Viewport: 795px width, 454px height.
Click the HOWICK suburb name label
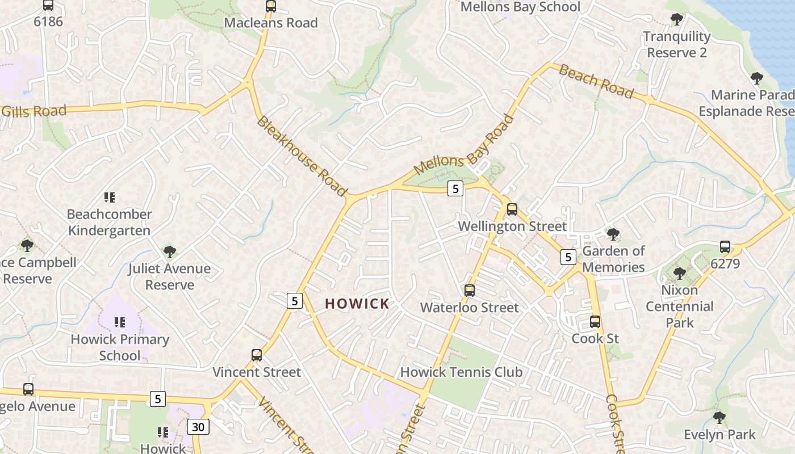tap(357, 304)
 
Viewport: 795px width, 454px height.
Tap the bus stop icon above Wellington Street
tap(512, 209)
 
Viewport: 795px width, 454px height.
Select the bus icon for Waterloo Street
tap(470, 291)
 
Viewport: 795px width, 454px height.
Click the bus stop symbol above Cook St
tap(595, 322)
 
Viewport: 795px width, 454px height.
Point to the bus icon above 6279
tap(725, 247)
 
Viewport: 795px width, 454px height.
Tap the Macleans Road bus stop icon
tap(271, 6)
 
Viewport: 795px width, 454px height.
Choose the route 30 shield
tap(198, 427)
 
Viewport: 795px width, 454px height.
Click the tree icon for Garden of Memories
tap(613, 234)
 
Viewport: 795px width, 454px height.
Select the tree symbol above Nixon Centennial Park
tap(679, 274)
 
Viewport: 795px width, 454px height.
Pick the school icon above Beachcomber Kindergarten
tap(110, 197)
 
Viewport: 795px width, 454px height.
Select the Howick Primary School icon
tap(120, 322)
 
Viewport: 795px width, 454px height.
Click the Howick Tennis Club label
tap(461, 372)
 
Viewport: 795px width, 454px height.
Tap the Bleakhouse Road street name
tap(302, 157)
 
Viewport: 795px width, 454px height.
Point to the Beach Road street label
tap(596, 81)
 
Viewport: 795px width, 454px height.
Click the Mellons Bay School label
tap(520, 7)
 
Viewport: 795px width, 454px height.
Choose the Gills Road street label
tap(34, 111)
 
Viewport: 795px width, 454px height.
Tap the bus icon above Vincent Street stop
tap(257, 355)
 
